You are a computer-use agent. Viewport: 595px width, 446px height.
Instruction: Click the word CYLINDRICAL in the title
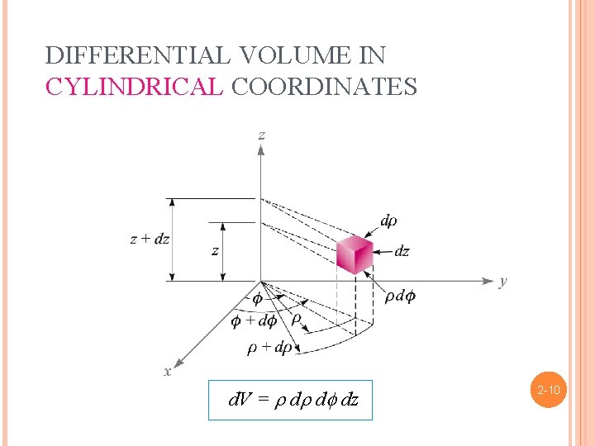click(134, 86)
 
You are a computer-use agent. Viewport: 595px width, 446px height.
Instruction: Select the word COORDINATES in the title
click(325, 86)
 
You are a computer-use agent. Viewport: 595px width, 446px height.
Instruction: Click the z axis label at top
click(261, 135)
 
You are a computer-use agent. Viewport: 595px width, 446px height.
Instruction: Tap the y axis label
click(502, 282)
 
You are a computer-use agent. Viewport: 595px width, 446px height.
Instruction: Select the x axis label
click(168, 372)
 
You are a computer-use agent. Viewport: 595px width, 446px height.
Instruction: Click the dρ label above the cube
click(388, 221)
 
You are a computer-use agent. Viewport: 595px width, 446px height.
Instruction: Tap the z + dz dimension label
click(150, 240)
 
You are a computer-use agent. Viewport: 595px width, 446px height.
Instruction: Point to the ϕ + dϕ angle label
click(254, 320)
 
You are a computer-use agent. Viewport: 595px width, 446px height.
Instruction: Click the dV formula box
click(290, 401)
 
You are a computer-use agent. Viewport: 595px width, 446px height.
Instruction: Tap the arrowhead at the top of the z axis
click(261, 150)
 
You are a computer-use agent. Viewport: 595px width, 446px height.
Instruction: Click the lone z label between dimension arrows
click(216, 251)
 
